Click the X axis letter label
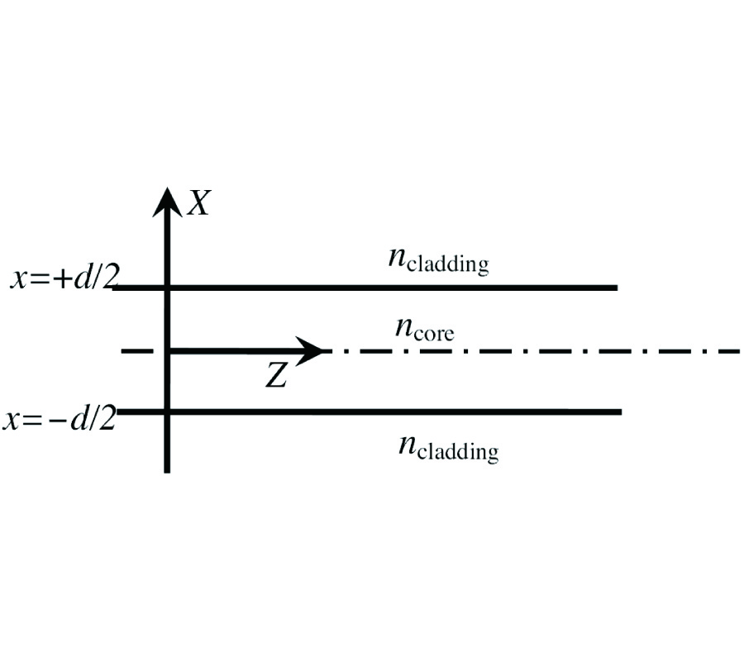click(x=199, y=202)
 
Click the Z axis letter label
click(x=276, y=376)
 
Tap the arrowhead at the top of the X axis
click(x=168, y=200)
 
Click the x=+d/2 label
click(x=59, y=278)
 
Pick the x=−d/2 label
click(x=59, y=419)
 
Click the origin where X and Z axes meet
click(x=168, y=351)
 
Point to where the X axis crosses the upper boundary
click(x=168, y=288)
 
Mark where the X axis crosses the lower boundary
click(x=168, y=411)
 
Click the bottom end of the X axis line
click(x=167, y=470)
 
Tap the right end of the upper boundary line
click(x=616, y=288)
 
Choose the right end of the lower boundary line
click(x=619, y=411)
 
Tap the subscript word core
click(x=435, y=335)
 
